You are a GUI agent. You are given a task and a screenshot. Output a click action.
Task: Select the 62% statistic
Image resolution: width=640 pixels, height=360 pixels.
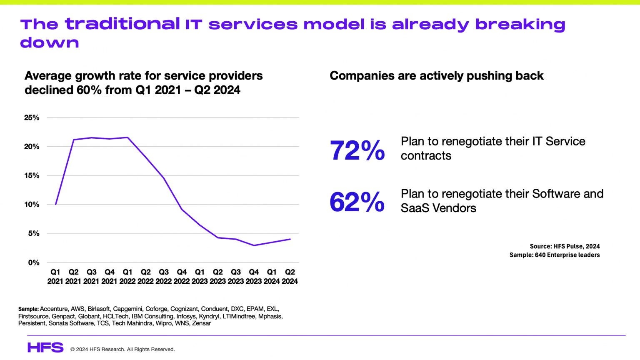pos(357,202)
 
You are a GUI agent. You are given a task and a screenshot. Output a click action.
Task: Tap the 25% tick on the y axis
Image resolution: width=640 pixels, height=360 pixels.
pos(32,117)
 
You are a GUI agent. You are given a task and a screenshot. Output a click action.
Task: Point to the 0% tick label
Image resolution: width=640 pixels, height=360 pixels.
pos(34,262)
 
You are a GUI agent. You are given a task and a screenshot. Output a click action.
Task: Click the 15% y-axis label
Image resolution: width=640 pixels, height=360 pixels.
pos(32,175)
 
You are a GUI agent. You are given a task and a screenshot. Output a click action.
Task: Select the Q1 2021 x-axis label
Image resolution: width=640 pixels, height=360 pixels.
pos(55,276)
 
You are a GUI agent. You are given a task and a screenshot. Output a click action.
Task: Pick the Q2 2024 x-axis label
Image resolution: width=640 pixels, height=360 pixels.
pos(290,276)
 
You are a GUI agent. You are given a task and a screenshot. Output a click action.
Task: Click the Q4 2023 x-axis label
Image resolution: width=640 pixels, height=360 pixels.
pos(253,276)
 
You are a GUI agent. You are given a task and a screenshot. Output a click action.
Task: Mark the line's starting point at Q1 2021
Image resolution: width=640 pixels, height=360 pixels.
pos(55,204)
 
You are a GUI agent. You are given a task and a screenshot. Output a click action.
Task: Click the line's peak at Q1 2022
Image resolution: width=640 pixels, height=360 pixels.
pos(127,137)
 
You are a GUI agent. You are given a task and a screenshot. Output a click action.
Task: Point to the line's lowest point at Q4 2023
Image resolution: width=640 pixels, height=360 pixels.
pos(254,245)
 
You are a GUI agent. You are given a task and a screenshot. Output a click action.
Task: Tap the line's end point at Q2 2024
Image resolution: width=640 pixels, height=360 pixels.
pos(290,239)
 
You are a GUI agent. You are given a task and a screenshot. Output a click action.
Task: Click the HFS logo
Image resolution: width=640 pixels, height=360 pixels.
pos(45,347)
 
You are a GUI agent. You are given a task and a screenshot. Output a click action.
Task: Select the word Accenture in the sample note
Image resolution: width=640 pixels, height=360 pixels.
pos(54,309)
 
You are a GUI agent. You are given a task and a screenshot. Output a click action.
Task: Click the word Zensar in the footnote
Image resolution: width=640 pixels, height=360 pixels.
pos(201,323)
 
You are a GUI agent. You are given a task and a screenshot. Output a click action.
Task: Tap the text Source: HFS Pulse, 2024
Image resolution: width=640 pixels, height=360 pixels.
pos(565,246)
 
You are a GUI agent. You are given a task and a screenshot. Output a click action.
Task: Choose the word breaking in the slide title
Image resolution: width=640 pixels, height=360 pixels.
pos(520,24)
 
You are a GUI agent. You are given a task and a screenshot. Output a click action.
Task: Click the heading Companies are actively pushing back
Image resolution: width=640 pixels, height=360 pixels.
pos(436,76)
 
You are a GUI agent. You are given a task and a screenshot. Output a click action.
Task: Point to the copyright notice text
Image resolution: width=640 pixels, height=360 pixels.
pos(122,349)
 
